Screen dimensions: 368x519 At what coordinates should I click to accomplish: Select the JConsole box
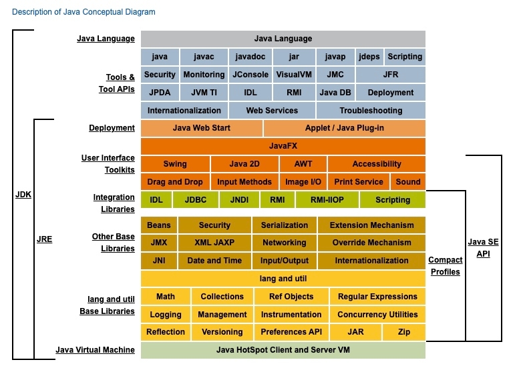click(247, 75)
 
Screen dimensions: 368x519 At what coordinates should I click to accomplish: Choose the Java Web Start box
click(202, 127)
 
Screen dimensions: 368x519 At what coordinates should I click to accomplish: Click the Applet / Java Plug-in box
click(344, 127)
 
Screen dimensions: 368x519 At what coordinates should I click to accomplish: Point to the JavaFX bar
click(283, 145)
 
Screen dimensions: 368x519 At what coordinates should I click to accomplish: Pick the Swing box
click(175, 163)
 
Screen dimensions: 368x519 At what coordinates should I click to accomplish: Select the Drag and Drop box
click(175, 181)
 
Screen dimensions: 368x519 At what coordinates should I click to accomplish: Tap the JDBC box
click(196, 199)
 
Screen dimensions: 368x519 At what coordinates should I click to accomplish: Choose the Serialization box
click(284, 225)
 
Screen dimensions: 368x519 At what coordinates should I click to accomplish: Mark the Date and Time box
click(214, 261)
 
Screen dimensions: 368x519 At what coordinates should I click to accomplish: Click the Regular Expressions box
click(377, 297)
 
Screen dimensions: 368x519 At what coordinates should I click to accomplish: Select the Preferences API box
click(291, 332)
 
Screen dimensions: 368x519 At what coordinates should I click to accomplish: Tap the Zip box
click(404, 332)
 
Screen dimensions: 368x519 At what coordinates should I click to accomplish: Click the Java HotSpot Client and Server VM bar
click(283, 349)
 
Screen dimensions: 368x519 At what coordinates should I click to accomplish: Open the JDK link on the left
click(23, 195)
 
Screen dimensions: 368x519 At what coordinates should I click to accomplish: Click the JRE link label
click(44, 238)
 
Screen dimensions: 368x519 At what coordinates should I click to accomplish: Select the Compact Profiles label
click(445, 266)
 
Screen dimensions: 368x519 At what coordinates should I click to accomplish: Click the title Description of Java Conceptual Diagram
click(83, 12)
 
